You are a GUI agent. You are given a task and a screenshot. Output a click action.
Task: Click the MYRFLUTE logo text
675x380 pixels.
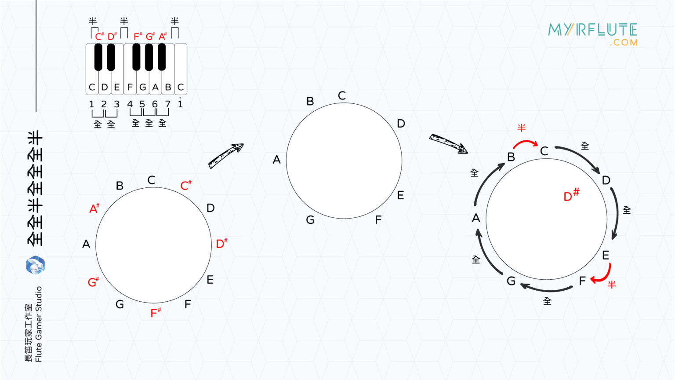coord(592,30)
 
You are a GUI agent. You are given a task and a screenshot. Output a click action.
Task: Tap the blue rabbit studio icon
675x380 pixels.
coord(35,265)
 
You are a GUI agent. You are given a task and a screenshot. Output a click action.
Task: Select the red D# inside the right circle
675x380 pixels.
coord(571,195)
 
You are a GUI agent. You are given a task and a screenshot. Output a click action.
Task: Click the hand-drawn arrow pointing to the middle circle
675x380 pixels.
coord(226,155)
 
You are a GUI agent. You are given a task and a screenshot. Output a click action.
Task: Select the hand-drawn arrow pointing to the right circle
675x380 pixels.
coord(448,143)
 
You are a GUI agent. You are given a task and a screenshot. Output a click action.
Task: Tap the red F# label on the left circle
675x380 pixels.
coord(156,313)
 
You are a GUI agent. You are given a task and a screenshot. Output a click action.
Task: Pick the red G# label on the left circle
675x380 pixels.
coord(93,282)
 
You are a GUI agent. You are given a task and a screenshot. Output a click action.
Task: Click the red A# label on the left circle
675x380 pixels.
coord(94,208)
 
